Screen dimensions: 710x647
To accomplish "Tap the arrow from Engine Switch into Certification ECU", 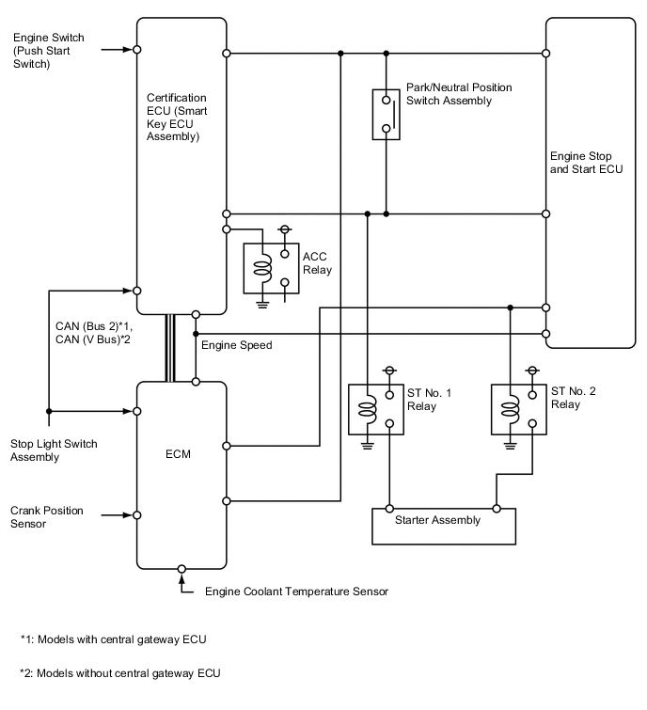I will [120, 49].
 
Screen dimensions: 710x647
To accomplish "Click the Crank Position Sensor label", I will [47, 517].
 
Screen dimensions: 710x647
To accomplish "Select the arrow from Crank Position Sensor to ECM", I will [120, 514].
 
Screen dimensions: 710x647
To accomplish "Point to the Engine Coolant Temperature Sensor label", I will [296, 592].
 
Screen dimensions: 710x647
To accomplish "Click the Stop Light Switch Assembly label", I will [54, 450].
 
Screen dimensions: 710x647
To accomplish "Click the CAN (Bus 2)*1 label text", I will [94, 325].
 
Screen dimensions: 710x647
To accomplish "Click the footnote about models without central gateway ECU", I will [120, 672].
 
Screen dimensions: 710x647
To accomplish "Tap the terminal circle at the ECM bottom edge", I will [181, 569].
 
